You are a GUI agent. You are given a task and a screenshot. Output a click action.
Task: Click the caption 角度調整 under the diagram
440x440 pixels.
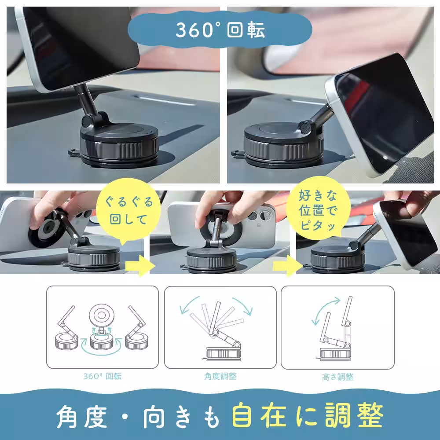(220, 377)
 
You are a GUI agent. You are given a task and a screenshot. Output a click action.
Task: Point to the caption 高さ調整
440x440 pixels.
(337, 377)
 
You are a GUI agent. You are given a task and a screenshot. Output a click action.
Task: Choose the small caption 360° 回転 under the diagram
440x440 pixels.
(102, 377)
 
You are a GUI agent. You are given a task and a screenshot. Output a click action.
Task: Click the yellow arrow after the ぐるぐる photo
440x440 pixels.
(138, 266)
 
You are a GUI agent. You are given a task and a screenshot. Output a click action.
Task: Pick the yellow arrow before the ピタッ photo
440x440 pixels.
(284, 266)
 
